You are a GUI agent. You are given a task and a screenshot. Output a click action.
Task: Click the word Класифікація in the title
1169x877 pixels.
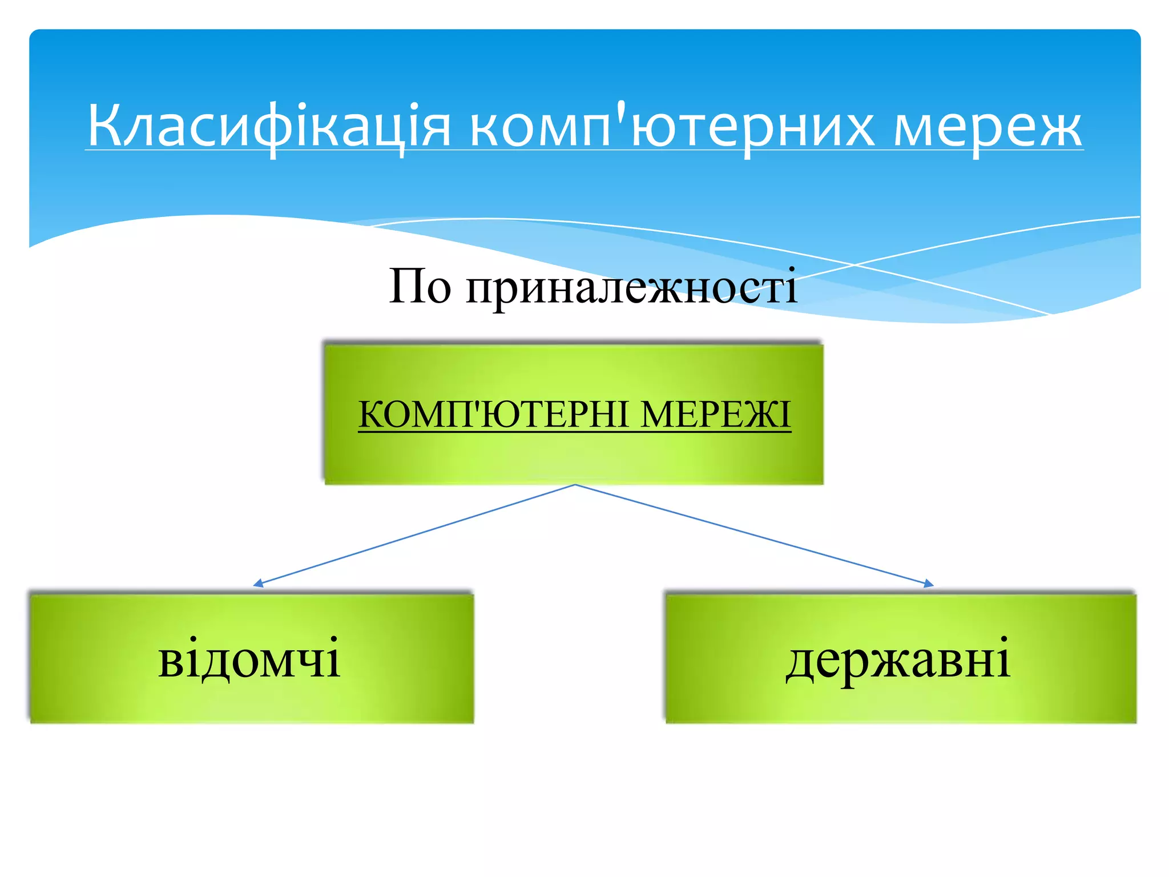(269, 126)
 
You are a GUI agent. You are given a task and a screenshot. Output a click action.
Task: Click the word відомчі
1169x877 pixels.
(249, 658)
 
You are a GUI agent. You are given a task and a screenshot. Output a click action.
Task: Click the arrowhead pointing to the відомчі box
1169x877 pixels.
(258, 584)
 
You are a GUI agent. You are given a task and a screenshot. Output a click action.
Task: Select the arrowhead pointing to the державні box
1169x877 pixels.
(929, 584)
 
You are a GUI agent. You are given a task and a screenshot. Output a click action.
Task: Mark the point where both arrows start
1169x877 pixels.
(575, 485)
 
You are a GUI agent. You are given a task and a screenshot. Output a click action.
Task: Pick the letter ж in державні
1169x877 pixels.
(902, 659)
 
